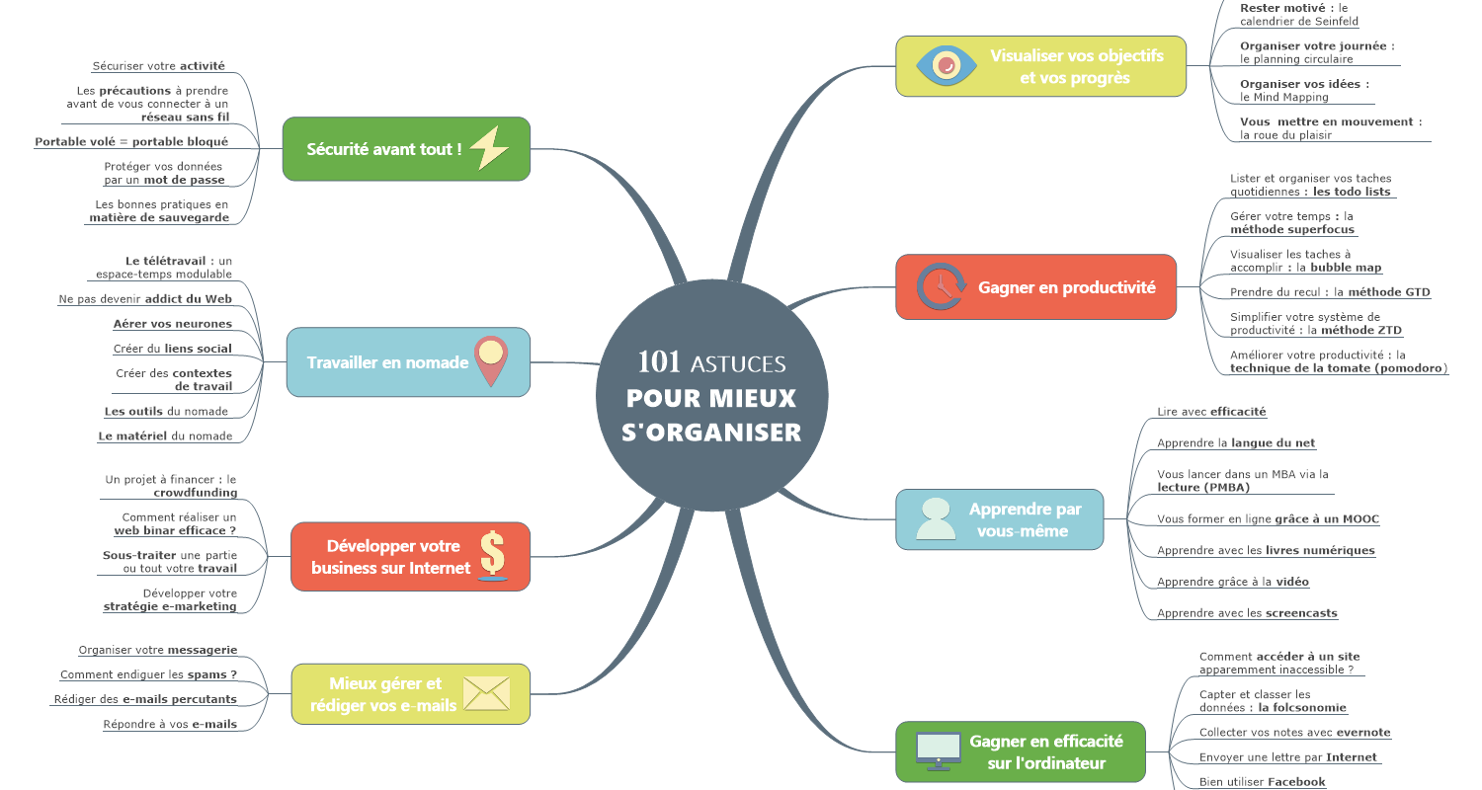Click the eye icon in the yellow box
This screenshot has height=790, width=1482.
point(947,65)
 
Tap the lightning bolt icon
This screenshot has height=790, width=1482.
point(489,147)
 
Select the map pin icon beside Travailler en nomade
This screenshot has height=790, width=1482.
point(491,361)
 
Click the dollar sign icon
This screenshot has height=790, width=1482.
point(493,555)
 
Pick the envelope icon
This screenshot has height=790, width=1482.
point(486,693)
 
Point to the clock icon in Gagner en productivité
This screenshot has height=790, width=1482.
point(941,286)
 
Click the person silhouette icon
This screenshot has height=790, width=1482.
point(936,519)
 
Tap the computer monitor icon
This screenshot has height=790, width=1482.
point(939,751)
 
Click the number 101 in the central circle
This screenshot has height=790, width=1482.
point(658,361)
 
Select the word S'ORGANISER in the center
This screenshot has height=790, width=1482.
point(711,433)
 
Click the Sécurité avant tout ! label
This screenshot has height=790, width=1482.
point(383,149)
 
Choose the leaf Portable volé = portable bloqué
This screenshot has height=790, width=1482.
point(131,141)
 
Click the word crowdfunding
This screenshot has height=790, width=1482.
point(196,493)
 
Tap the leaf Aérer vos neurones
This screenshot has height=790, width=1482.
point(173,324)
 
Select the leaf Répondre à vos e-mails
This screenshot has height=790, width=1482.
point(170,724)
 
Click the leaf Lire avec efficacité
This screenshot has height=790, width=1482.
point(1211,411)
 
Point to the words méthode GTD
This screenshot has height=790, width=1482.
point(1389,292)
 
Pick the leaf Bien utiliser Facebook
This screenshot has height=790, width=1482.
point(1263,781)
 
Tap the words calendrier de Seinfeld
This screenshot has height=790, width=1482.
point(1299,21)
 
